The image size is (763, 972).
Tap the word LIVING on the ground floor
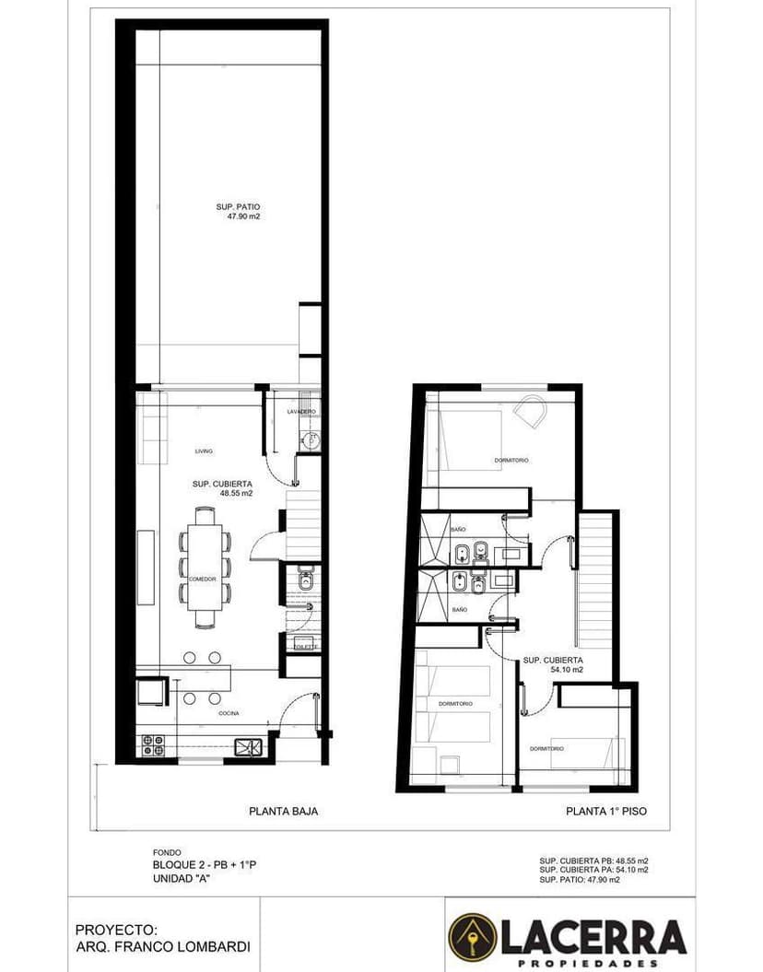pos(204,451)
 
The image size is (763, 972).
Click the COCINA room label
pos(230,714)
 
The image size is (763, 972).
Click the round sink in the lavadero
pos(311,441)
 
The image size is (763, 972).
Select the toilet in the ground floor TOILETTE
pos(306,582)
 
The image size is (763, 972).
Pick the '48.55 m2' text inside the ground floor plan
pos(236,493)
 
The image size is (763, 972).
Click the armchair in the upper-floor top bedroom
pos(529,410)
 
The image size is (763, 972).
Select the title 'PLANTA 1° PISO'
pos(605,812)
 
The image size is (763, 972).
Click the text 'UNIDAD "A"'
pos(182,878)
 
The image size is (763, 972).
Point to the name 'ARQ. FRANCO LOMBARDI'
pos(162,946)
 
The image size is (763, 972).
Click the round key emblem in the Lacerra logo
pos(472,938)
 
